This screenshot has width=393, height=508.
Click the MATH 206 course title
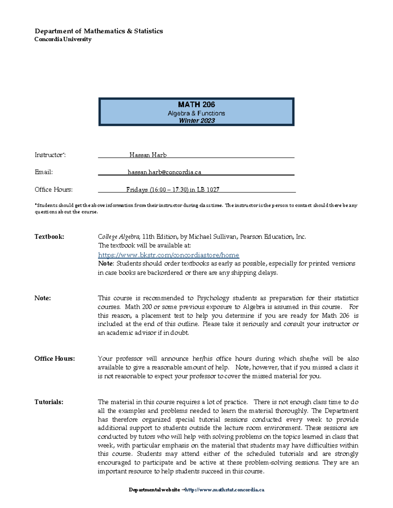coord(196,105)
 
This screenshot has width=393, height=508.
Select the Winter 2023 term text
coord(196,121)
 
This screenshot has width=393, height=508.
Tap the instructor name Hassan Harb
coord(148,155)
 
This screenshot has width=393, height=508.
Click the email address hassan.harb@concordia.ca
coord(164,172)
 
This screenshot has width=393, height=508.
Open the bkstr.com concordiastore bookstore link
coord(168,255)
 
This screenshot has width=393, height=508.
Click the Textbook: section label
coord(49,236)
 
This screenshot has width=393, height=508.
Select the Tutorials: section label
coord(49,402)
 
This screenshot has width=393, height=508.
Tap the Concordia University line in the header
coord(63,39)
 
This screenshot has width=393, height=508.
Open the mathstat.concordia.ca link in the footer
coord(225,490)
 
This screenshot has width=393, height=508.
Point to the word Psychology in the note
coord(213,298)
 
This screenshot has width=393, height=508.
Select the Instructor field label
coord(50,155)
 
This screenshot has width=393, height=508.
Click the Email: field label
coord(44,172)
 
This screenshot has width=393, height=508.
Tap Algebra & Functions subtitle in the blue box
coord(196,113)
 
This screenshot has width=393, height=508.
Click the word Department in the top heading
coord(54,31)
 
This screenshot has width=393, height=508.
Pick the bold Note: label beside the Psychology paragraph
coord(43,298)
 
